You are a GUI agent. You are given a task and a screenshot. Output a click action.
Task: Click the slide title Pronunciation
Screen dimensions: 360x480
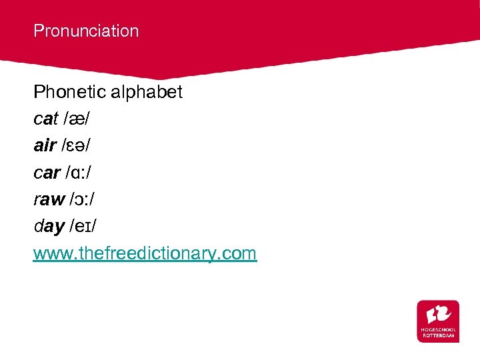[86, 31]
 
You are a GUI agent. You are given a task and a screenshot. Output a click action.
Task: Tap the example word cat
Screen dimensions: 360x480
[45, 119]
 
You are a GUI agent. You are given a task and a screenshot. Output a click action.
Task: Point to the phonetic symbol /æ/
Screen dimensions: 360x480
[77, 119]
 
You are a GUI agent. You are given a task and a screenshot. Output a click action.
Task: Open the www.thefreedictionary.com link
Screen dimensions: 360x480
[145, 253]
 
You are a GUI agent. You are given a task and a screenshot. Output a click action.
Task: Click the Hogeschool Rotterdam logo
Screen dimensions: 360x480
[438, 321]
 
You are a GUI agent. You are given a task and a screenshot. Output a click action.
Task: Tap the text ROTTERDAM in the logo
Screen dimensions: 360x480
[438, 336]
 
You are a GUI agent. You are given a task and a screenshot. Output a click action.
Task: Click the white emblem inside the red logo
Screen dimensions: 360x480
[438, 313]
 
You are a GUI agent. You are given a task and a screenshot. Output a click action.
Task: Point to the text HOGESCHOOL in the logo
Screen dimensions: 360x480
[438, 331]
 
